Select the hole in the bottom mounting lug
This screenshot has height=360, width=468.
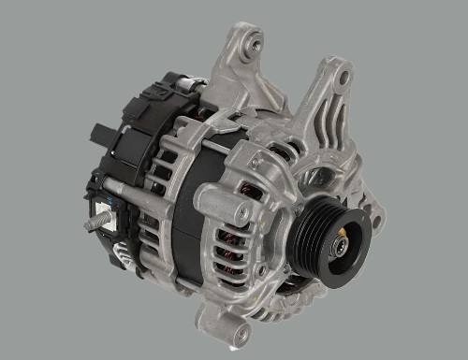pos(242,333)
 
